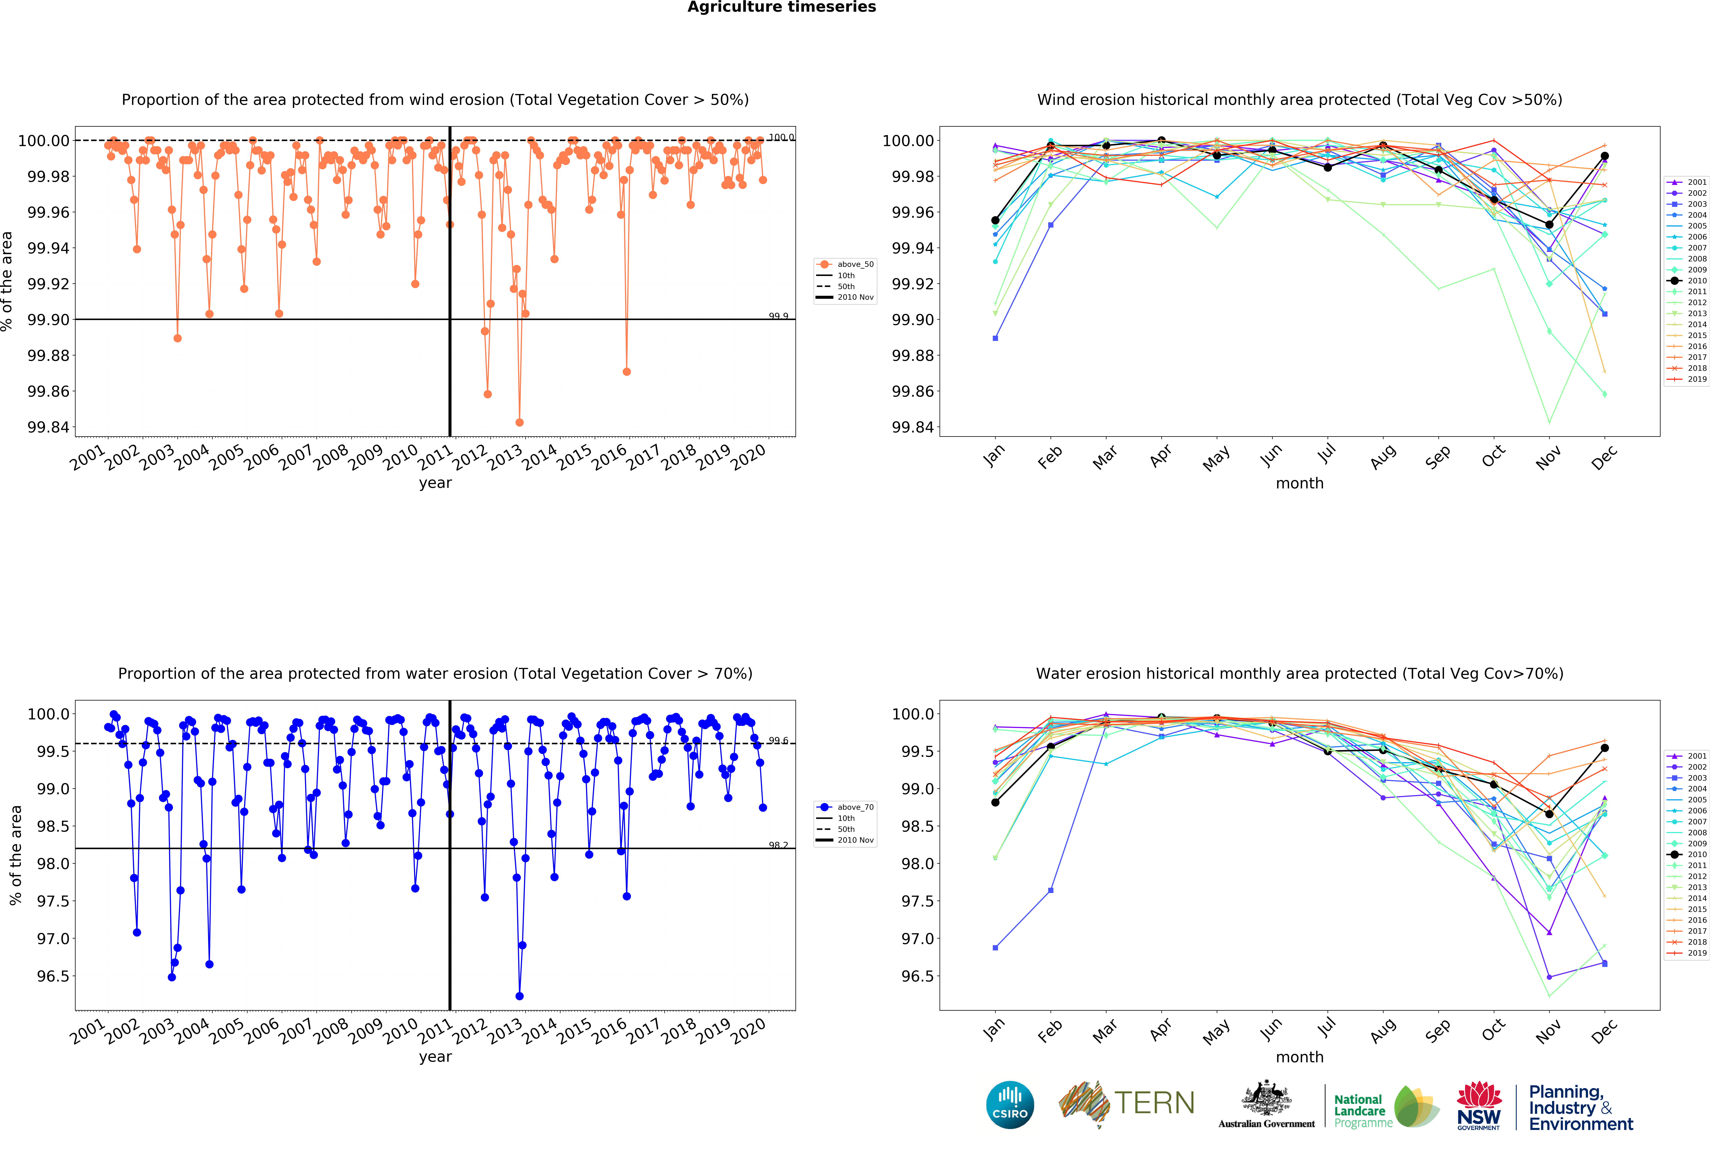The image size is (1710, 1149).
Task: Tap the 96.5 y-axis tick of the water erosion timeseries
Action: click(53, 976)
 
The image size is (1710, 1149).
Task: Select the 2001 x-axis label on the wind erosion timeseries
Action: click(88, 458)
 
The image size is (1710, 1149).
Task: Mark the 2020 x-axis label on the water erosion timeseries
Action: click(749, 1032)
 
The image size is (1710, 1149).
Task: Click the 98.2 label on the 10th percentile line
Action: click(778, 845)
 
